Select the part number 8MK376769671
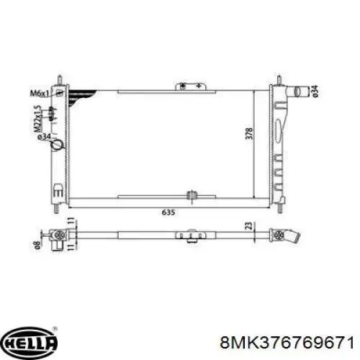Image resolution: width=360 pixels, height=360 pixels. (287, 342)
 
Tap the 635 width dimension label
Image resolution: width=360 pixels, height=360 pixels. (168, 212)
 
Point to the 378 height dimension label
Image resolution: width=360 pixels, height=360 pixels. (249, 133)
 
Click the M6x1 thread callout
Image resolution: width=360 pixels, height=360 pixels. (39, 93)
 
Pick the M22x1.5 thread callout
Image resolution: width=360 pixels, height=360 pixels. (37, 119)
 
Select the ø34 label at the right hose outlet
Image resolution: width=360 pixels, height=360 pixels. (315, 91)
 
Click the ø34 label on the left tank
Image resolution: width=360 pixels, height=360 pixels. (44, 137)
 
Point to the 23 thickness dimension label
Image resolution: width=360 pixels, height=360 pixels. (250, 226)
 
